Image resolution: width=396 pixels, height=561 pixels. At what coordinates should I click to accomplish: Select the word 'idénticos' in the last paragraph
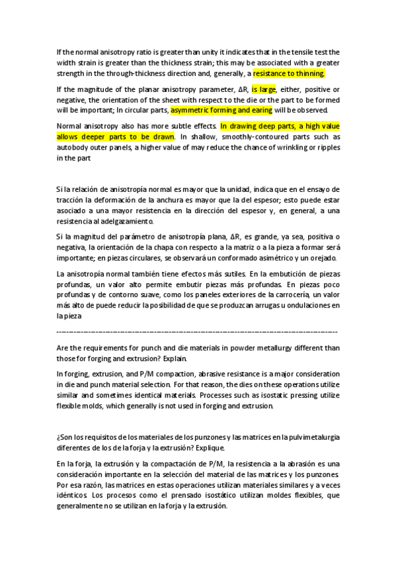coord(76,495)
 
